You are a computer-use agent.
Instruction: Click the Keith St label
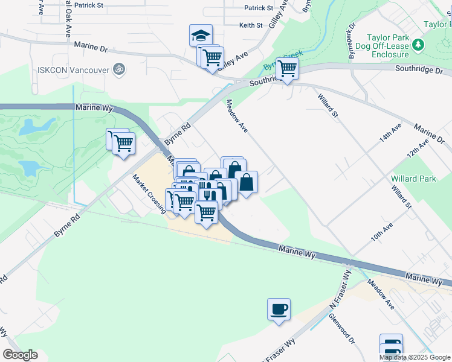pos(251,25)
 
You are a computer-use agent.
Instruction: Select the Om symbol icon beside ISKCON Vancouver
pos(119,70)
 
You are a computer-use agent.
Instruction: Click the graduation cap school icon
pos(201,36)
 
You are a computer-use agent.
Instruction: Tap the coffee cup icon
pos(279,310)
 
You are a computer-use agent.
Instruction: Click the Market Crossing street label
pos(149,194)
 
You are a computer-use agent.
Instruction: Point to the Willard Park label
pos(413,179)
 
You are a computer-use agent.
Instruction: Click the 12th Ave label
pos(418,147)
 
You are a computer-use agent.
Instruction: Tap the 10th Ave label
pos(382,233)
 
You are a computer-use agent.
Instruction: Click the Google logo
pos(20,355)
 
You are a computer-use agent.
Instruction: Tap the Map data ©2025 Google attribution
pos(415,357)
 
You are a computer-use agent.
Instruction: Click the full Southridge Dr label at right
pos(419,70)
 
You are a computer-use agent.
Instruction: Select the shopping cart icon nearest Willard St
pos(287,68)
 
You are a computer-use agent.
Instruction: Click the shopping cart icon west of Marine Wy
pos(123,144)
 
